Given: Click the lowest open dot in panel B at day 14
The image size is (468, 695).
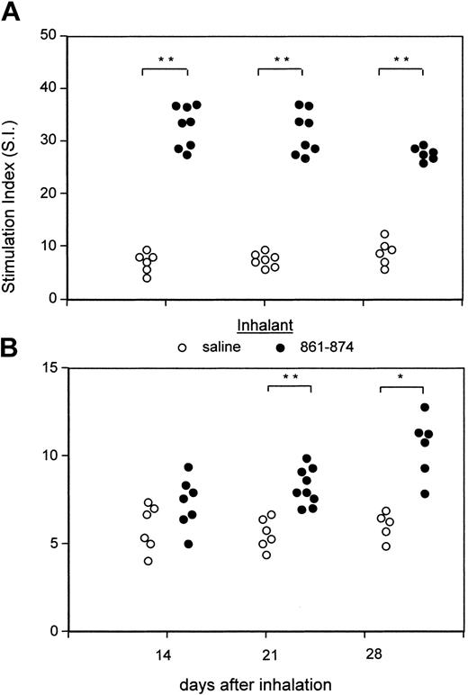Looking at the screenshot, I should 148,561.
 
